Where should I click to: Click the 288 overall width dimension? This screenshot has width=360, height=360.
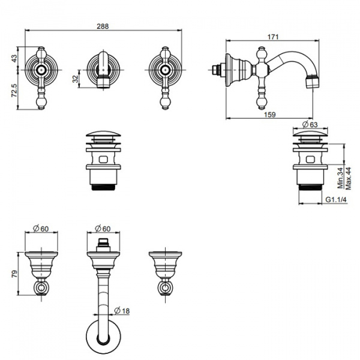tap(103, 26)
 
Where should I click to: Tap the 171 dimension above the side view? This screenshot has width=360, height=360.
tap(273, 37)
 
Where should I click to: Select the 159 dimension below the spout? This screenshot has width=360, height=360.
tap(269, 115)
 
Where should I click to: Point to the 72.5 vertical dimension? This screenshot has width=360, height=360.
tap(14, 90)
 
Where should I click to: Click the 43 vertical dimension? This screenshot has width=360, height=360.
tap(14, 58)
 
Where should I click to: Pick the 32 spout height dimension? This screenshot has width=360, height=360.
tap(76, 79)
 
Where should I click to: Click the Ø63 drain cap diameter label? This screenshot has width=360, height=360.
tap(310, 124)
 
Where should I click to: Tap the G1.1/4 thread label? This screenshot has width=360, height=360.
tap(336, 200)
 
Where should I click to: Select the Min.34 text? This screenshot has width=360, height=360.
tap(340, 178)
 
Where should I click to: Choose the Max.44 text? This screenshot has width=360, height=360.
tap(348, 178)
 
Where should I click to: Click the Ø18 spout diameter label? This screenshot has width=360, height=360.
tap(122, 311)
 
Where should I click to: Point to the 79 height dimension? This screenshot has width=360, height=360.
tap(14, 274)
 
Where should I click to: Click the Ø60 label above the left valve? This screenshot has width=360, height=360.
tap(41, 229)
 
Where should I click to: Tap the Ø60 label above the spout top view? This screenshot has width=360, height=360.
tap(103, 229)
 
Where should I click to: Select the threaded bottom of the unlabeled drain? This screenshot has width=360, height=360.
tap(103, 187)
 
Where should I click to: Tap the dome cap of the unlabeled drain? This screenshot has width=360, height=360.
tap(103, 134)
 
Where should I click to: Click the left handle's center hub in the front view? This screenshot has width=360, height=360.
tap(41, 70)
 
